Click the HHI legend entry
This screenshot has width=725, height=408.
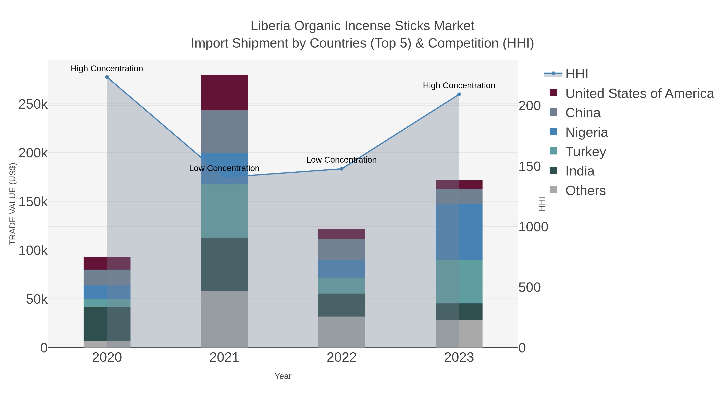(576, 74)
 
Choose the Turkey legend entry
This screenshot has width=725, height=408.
(585, 152)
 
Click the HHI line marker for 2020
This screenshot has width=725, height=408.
(107, 77)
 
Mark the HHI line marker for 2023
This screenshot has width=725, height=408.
(459, 94)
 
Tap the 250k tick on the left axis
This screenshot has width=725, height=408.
(33, 104)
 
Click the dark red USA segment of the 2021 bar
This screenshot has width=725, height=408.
(224, 92)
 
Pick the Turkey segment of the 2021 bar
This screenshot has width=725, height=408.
(224, 211)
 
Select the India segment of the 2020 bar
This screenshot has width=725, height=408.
(107, 324)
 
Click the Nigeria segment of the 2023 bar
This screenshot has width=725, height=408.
(459, 232)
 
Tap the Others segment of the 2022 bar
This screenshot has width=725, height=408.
(342, 332)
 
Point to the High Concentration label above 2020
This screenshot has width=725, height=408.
(107, 69)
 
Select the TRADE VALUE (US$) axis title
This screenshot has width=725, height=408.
(13, 204)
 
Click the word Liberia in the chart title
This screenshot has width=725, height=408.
(270, 26)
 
